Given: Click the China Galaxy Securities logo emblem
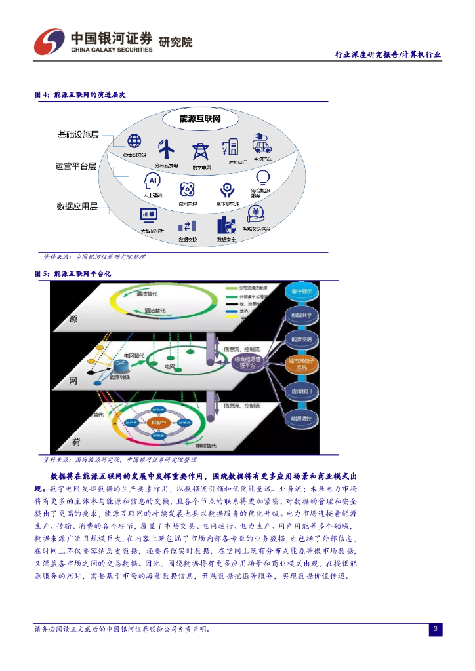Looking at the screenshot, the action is pos(48,43).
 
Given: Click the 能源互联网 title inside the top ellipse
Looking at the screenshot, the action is pos(200,118).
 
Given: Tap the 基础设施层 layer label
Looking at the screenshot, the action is pos(78,134).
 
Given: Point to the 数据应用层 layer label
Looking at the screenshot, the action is pos(77,206).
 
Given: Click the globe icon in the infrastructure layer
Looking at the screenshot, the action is pos(134,141).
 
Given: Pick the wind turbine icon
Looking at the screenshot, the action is pos(167,149).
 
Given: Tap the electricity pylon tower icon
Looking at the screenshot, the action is pos(199,151).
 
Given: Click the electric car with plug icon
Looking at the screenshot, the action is pos(263,144).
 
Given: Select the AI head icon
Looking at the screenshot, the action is pos(152,180).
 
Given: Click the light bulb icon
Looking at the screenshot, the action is pos(263,178).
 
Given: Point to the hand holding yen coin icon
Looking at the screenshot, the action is pos(256,214).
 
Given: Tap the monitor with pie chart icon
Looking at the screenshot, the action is pos(148,215).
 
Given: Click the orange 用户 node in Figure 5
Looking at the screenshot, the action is pos(156,423).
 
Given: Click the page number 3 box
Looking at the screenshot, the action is pos(436,630).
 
